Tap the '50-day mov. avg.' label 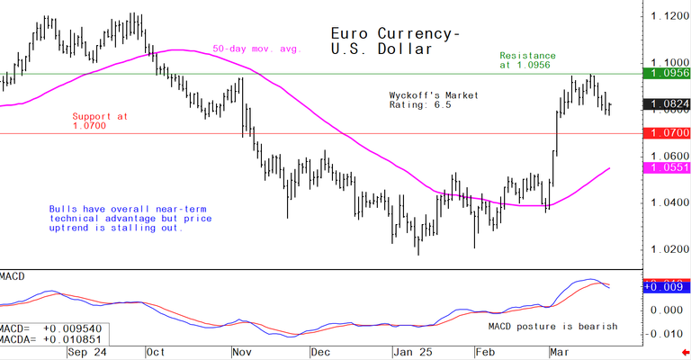pyautogui.click(x=256, y=48)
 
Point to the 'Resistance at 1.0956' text pyautogui.click(x=527, y=60)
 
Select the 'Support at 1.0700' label pyautogui.click(x=101, y=121)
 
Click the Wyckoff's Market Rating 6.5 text pyautogui.click(x=433, y=100)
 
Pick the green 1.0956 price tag pyautogui.click(x=664, y=74)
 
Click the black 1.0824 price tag pyautogui.click(x=664, y=104)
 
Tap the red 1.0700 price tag pyautogui.click(x=664, y=133)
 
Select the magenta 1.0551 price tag pyautogui.click(x=664, y=168)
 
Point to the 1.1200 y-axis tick pyautogui.click(x=664, y=15)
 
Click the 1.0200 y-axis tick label pyautogui.click(x=664, y=249)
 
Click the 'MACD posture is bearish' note pyautogui.click(x=552, y=326)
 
